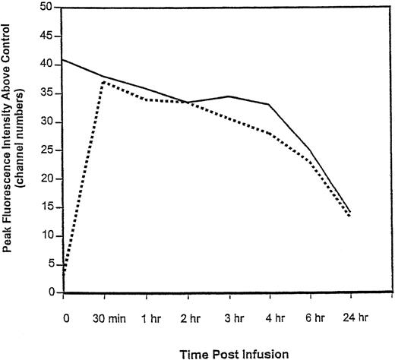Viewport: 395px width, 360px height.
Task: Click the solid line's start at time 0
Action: pyautogui.click(x=64, y=59)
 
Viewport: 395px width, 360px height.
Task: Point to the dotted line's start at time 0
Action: pyautogui.click(x=64, y=271)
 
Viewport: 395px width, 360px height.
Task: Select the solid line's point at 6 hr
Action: pyautogui.click(x=308, y=150)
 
